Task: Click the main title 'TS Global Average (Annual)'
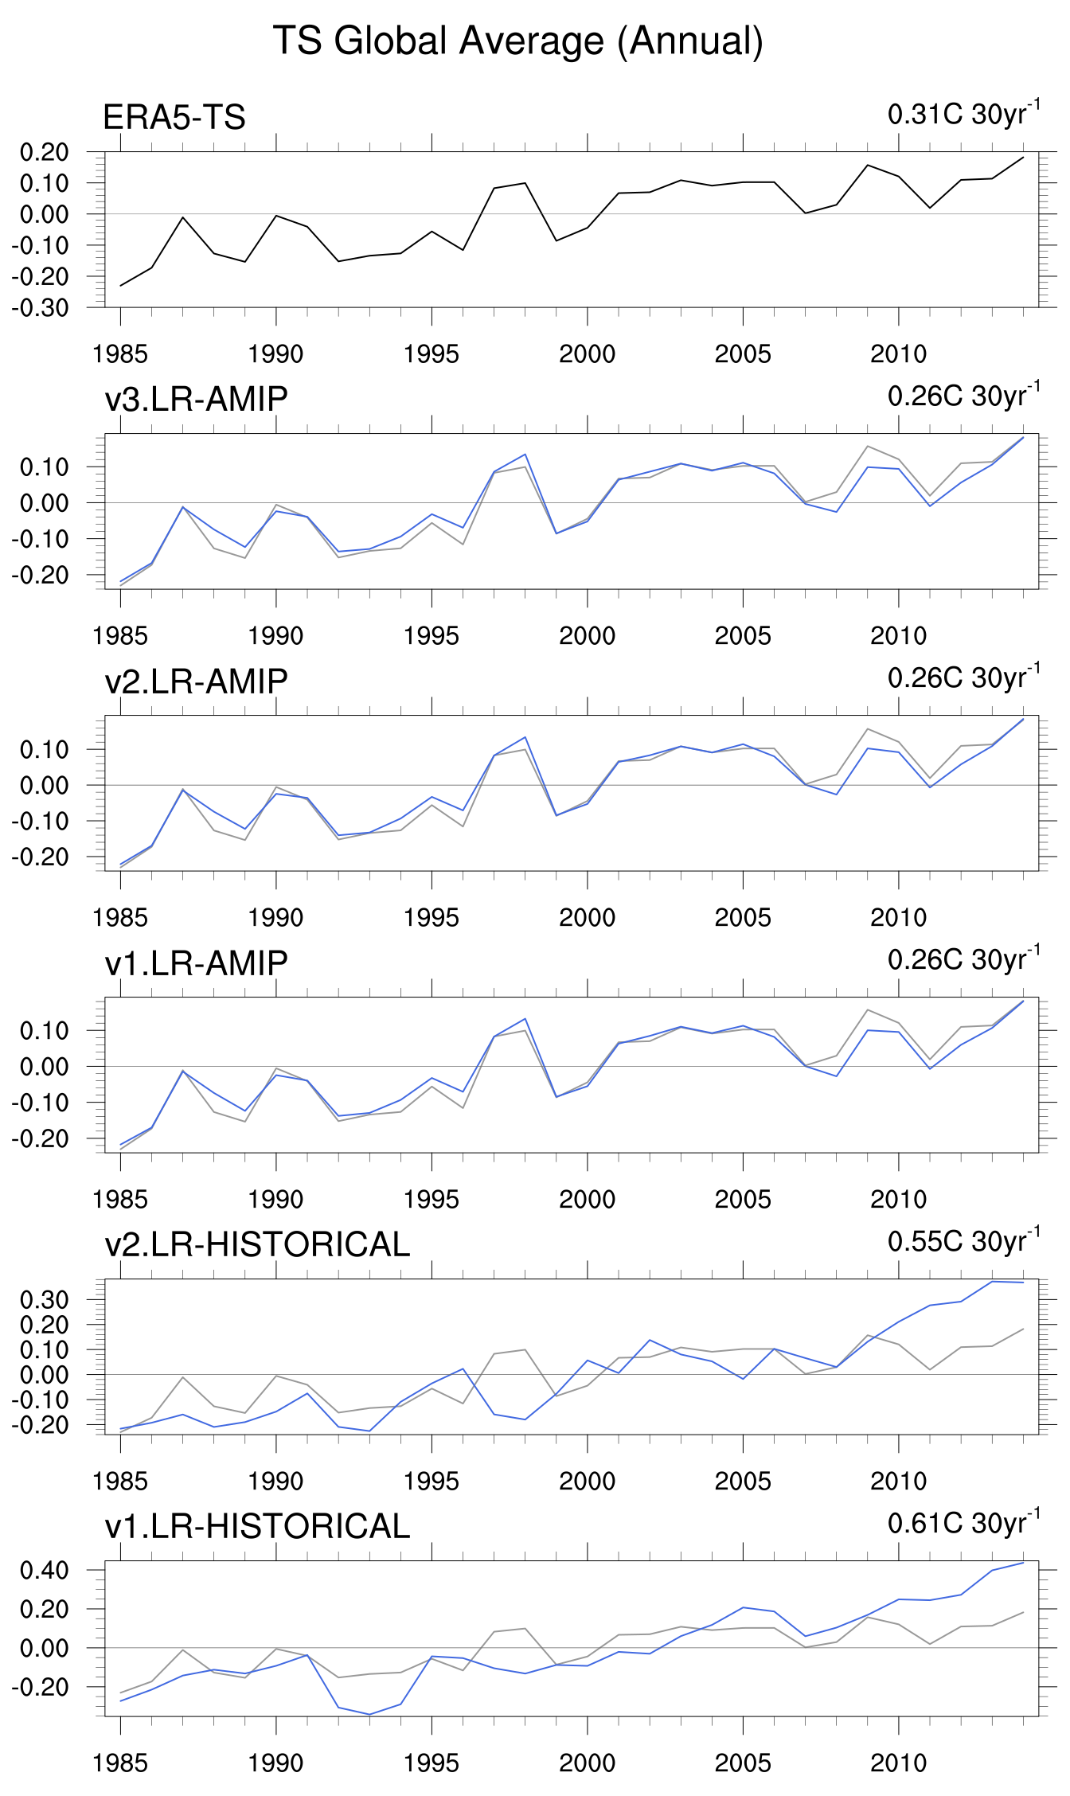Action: coord(518,41)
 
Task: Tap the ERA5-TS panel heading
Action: coord(174,118)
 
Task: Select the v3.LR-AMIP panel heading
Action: coord(196,399)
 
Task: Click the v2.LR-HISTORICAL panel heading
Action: coord(257,1244)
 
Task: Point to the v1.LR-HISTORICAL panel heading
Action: coord(257,1526)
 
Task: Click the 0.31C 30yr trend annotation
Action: coord(963,114)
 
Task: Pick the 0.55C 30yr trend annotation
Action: coord(963,1241)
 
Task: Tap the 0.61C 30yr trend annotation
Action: coord(963,1523)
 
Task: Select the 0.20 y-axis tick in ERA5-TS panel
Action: coord(45,152)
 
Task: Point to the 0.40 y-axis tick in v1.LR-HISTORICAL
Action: coord(45,1571)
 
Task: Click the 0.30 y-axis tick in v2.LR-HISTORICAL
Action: coord(45,1300)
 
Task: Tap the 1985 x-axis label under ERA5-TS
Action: coord(120,354)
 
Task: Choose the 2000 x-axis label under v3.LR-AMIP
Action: coord(587,636)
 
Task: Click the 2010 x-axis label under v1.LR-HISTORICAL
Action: coord(898,1763)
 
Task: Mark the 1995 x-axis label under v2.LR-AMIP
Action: coord(432,918)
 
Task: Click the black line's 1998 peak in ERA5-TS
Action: coord(525,183)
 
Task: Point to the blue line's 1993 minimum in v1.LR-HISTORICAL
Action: coord(369,1715)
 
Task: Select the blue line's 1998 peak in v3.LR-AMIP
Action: coord(525,455)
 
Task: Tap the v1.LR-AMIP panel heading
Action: coord(196,962)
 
